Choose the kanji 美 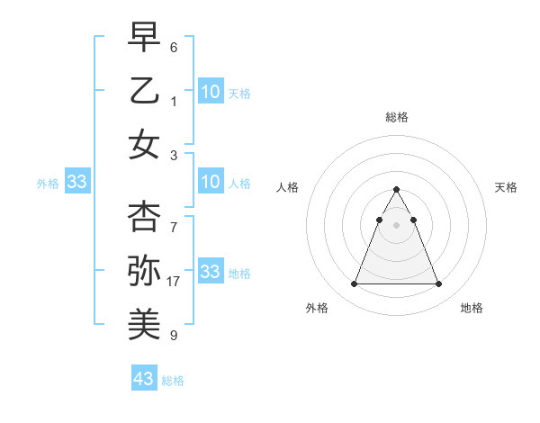click(x=144, y=322)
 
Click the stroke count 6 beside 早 click(x=174, y=47)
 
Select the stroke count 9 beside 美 click(x=174, y=336)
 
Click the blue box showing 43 click(x=144, y=379)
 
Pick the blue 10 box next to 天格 click(x=211, y=92)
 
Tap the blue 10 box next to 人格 click(x=211, y=183)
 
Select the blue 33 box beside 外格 click(x=77, y=183)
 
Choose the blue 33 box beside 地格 click(x=211, y=272)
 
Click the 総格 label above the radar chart click(x=396, y=117)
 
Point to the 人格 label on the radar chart click(x=288, y=187)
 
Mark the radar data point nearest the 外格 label click(x=354, y=284)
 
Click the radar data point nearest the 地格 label click(x=438, y=284)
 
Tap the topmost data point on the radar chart click(x=396, y=190)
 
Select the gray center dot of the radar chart click(x=396, y=224)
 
